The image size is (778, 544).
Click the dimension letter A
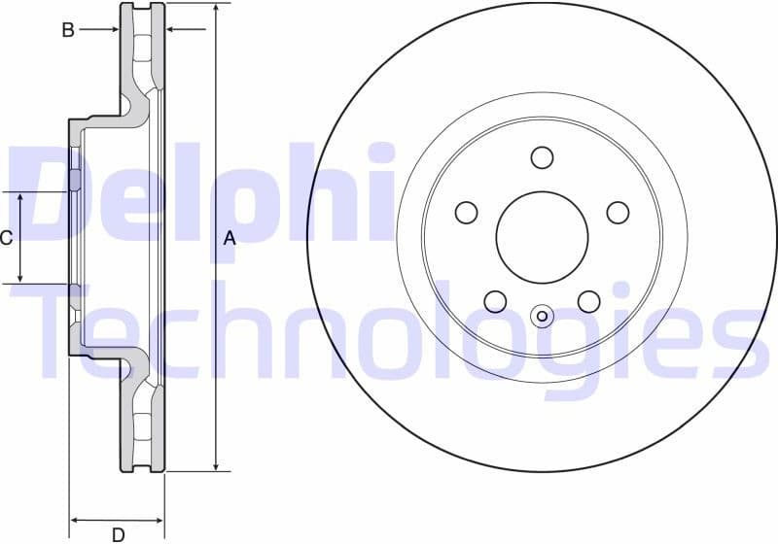(x=230, y=237)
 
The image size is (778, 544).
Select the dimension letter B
(x=68, y=30)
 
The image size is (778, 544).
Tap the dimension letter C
(x=6, y=237)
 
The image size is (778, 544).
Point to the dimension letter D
(x=118, y=533)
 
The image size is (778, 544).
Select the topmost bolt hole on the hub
(x=542, y=156)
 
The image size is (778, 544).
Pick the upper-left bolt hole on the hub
(x=467, y=212)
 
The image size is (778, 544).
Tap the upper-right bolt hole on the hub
(x=618, y=212)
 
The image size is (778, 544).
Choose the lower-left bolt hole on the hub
(x=495, y=301)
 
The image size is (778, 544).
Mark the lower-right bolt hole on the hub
(x=588, y=301)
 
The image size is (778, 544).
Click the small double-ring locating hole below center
(x=542, y=315)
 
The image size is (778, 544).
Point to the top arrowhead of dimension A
(x=216, y=9)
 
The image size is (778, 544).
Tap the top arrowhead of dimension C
(x=20, y=197)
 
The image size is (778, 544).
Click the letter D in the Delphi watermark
(x=49, y=194)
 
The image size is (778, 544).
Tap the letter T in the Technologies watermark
(x=68, y=330)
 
